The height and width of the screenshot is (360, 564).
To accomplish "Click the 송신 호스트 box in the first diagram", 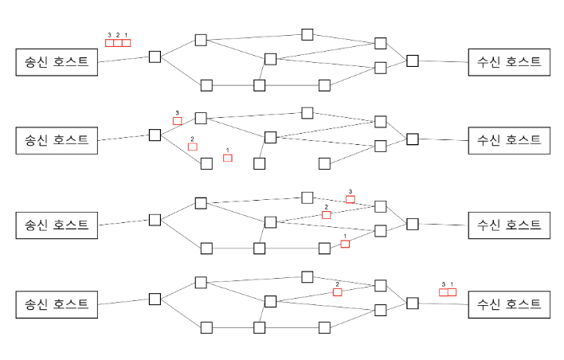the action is pyautogui.click(x=57, y=62).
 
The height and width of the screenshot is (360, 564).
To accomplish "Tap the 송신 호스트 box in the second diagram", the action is pyautogui.click(x=57, y=139).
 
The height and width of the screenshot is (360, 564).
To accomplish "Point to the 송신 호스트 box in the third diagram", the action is pyautogui.click(x=57, y=225).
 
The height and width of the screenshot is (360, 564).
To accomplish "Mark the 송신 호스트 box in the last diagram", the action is pyautogui.click(x=57, y=303).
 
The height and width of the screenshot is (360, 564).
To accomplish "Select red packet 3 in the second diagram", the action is pyautogui.click(x=178, y=121).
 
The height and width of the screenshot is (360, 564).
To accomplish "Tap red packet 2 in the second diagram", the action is pyautogui.click(x=192, y=147).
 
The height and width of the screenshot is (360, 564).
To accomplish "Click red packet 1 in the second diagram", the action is pyautogui.click(x=228, y=158).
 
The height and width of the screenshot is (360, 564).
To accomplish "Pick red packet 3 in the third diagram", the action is pyautogui.click(x=351, y=198).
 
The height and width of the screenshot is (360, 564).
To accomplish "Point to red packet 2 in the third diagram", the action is pyautogui.click(x=326, y=215).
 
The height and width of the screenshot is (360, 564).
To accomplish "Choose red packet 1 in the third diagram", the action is pyautogui.click(x=345, y=244).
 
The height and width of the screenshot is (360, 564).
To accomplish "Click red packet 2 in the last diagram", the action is pyautogui.click(x=338, y=292).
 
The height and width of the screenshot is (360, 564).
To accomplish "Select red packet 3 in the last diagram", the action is pyautogui.click(x=444, y=292).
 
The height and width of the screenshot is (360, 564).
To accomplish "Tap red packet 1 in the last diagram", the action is pyautogui.click(x=452, y=292).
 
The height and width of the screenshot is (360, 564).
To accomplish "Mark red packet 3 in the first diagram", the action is pyautogui.click(x=109, y=43).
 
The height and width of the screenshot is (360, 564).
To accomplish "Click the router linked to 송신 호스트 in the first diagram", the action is pyautogui.click(x=155, y=56).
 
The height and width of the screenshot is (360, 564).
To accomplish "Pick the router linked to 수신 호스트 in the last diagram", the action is pyautogui.click(x=412, y=303).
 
